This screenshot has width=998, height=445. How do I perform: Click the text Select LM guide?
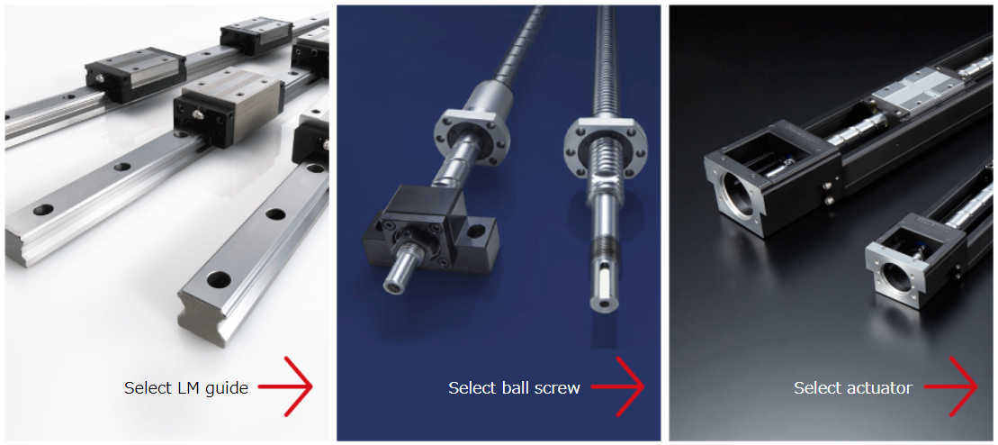pyautogui.click(x=186, y=387)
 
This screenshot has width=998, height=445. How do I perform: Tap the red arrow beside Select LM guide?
pyautogui.click(x=286, y=386)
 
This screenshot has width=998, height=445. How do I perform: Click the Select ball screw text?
pyautogui.click(x=514, y=387)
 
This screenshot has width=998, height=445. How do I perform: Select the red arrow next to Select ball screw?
pyautogui.click(x=617, y=386)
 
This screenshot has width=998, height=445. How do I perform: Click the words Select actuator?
pyautogui.click(x=853, y=387)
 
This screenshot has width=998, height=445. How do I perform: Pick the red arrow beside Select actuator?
pyautogui.click(x=950, y=386)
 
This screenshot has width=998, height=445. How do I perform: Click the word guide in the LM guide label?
pyautogui.click(x=226, y=388)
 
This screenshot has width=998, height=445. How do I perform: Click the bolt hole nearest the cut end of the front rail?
pyautogui.click(x=219, y=278)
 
